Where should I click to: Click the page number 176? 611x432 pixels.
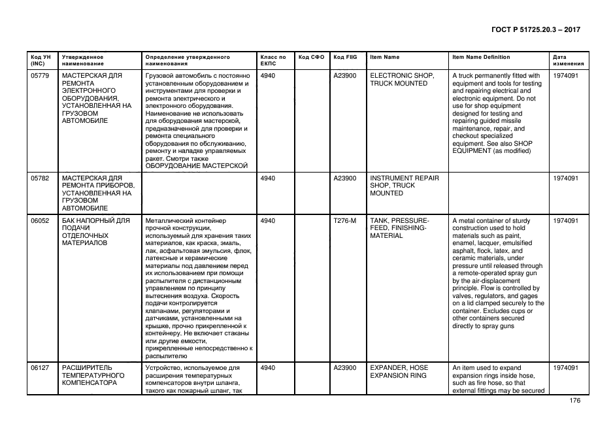(575, 401)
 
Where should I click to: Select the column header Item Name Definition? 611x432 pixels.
(481, 58)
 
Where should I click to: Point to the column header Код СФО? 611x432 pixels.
(311, 58)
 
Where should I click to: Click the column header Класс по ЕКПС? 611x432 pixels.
(273, 61)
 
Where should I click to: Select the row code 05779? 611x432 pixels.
(41, 76)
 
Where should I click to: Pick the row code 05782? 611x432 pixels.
(41, 178)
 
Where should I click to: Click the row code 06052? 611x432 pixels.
(41, 220)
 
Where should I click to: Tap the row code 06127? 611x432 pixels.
(41, 368)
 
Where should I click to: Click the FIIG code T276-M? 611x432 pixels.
(344, 220)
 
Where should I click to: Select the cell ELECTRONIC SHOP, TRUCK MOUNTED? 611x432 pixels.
(399, 80)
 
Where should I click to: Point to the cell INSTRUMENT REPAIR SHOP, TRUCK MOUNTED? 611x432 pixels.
(404, 186)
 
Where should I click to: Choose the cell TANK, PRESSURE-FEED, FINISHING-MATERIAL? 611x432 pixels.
(399, 228)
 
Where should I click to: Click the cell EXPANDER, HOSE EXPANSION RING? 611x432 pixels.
(398, 372)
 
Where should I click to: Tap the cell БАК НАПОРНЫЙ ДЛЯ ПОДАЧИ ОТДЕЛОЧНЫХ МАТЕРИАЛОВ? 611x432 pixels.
(95, 231)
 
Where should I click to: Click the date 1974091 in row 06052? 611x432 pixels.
(565, 220)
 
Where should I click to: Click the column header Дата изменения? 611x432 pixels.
(567, 61)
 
